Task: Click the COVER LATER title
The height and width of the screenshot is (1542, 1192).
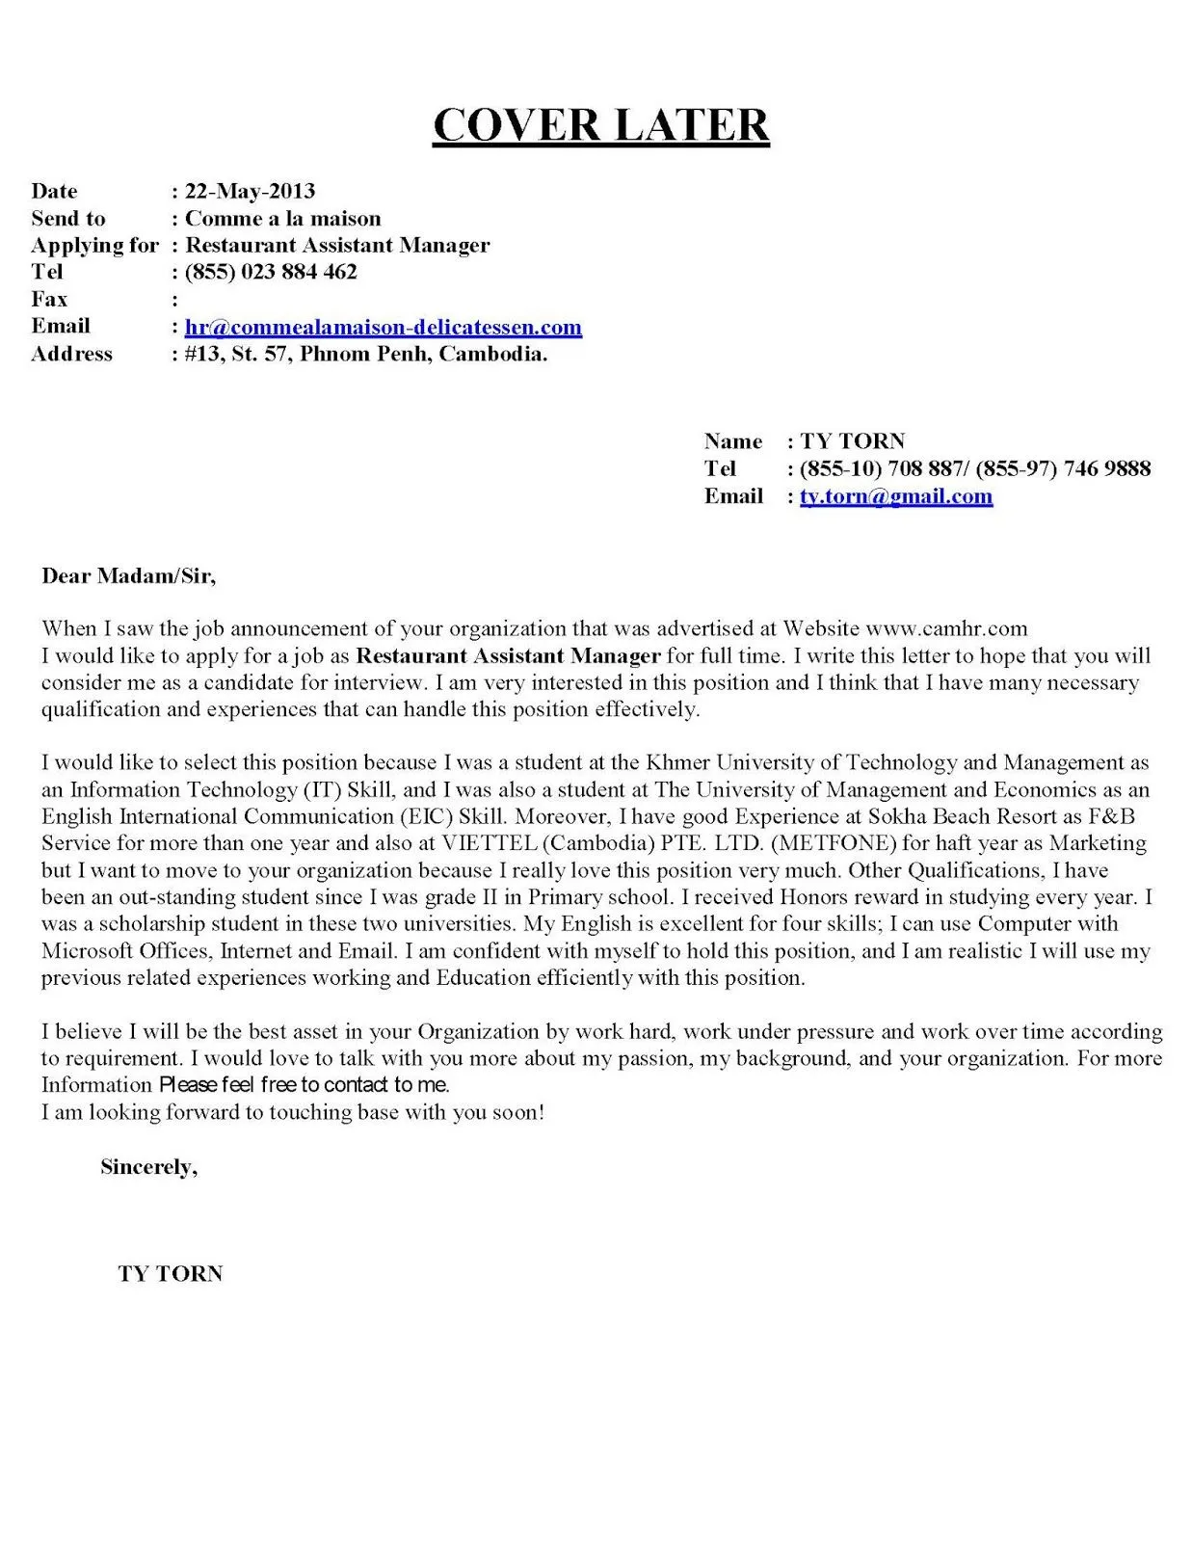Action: [600, 125]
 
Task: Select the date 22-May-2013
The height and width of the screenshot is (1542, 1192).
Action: [250, 191]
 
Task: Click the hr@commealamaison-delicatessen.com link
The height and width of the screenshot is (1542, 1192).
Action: [383, 327]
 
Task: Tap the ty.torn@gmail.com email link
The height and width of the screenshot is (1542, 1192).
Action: [895, 496]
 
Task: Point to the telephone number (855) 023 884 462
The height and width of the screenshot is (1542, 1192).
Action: [271, 272]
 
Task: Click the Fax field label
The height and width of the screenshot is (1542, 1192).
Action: [49, 299]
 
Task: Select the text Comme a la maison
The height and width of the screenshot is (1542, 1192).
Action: [282, 218]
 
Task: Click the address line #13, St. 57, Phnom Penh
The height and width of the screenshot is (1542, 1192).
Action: [365, 354]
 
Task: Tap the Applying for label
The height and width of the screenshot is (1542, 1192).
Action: [93, 245]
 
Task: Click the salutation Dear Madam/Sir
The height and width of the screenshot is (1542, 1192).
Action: [128, 576]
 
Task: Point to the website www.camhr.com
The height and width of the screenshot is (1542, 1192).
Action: [946, 628]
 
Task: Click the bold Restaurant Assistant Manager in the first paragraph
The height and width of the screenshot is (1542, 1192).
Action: [508, 656]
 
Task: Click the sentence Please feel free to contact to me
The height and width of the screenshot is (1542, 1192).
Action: [304, 1085]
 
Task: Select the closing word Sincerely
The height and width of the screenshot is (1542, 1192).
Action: [148, 1167]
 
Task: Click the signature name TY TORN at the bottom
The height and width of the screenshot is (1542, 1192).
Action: [171, 1274]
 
